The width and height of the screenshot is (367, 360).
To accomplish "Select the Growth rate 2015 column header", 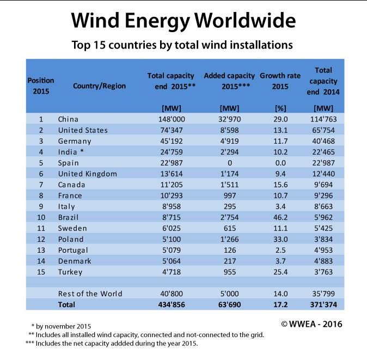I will (x=281, y=81).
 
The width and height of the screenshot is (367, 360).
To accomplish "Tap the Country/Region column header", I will (x=99, y=86).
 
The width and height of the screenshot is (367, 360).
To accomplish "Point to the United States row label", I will (x=83, y=130).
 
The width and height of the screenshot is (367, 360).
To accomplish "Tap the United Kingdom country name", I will (x=87, y=174).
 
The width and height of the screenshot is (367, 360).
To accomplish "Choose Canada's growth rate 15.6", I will (x=282, y=185).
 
